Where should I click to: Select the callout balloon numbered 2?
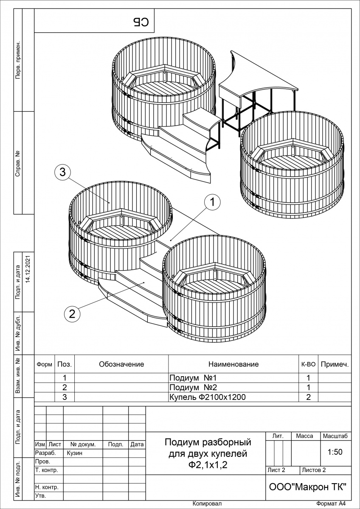72,314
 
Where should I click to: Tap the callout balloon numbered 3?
62,172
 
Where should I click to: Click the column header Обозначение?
121,364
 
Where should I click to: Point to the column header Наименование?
233,364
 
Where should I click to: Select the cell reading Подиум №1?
193,378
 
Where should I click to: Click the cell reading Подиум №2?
193,387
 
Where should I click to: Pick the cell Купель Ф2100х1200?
207,397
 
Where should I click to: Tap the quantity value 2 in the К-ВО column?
309,397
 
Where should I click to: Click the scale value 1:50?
335,452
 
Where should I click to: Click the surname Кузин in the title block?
75,453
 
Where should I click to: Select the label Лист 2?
276,470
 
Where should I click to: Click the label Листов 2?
314,470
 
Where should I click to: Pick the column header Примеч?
335,364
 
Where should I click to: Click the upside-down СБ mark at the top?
141,22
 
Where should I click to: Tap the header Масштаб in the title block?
335,436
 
